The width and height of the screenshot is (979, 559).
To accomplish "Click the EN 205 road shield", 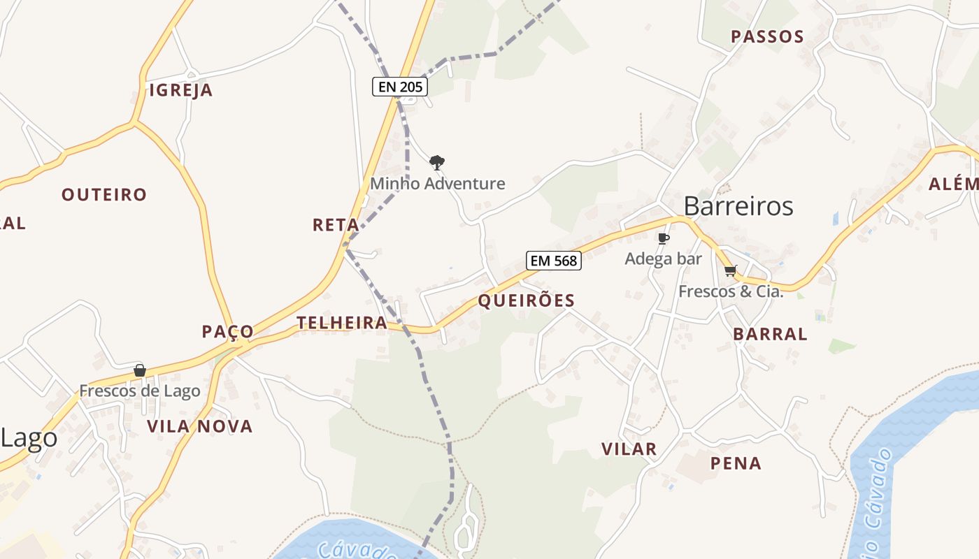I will coord(399,87).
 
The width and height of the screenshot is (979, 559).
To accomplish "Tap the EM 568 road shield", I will coord(554,261).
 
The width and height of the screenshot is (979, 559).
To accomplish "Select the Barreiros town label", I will coord(738,206).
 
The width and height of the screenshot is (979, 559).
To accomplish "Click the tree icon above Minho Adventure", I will coord(437,164).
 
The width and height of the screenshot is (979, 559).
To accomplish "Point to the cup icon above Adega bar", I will coord(663,239).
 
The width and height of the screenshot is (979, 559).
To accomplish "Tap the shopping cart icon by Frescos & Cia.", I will coord(731,270).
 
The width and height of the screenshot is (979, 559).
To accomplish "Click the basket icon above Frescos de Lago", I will coord(140,370).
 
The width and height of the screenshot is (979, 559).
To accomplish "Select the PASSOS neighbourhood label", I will coord(767,36).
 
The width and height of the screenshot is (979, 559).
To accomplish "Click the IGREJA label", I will coord(181,90).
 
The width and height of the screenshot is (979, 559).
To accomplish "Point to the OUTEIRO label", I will coord(104,194).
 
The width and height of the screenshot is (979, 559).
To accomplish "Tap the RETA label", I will coord(336,225).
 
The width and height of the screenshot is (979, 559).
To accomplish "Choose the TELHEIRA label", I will coord(342,323).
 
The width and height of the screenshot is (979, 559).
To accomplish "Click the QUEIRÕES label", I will coord(526,300).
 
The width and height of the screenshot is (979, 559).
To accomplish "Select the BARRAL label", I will coord(770,334).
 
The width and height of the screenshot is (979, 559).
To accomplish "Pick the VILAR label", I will coord(629,449).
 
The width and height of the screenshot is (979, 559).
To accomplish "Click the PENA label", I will coord(736,463).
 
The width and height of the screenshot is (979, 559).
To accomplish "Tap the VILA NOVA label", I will coord(199,426).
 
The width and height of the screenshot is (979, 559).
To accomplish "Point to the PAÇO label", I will coord(228,331).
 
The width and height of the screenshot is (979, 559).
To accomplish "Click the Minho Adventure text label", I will coord(437,184).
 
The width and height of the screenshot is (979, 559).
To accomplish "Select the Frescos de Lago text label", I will coord(140,391).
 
